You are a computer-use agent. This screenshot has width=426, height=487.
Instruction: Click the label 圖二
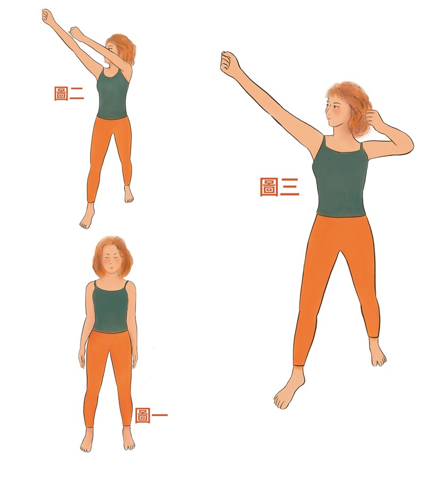69,93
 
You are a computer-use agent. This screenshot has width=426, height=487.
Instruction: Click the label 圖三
279,186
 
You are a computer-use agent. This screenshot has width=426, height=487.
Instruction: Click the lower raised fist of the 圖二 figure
76,33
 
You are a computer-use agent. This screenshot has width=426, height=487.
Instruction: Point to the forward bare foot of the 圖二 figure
87,216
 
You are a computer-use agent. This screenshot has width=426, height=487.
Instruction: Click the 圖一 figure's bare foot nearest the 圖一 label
128,439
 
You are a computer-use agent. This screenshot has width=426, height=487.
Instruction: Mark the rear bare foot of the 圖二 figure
128,194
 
